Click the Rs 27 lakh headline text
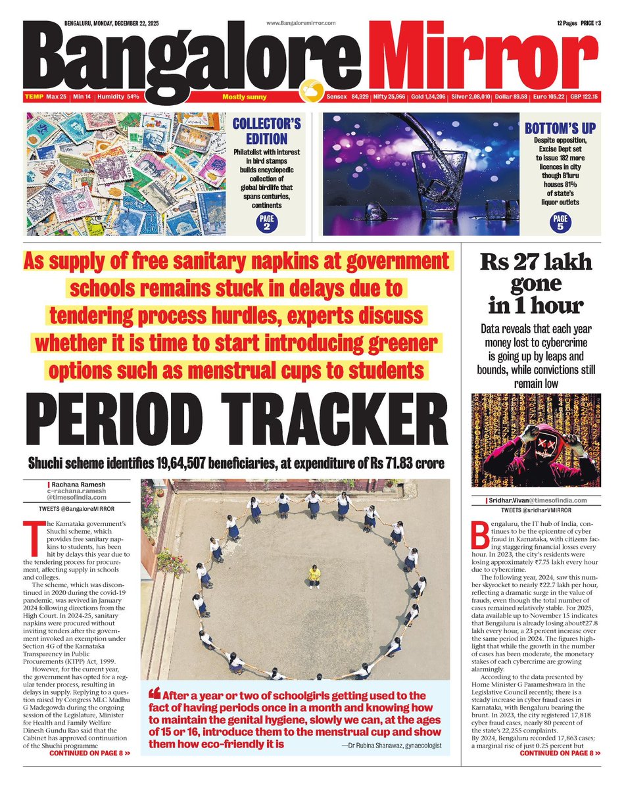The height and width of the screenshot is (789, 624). click(x=535, y=264)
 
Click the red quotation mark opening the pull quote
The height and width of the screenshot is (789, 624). click(x=155, y=694)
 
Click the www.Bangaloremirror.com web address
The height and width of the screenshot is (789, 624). click(x=301, y=23)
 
